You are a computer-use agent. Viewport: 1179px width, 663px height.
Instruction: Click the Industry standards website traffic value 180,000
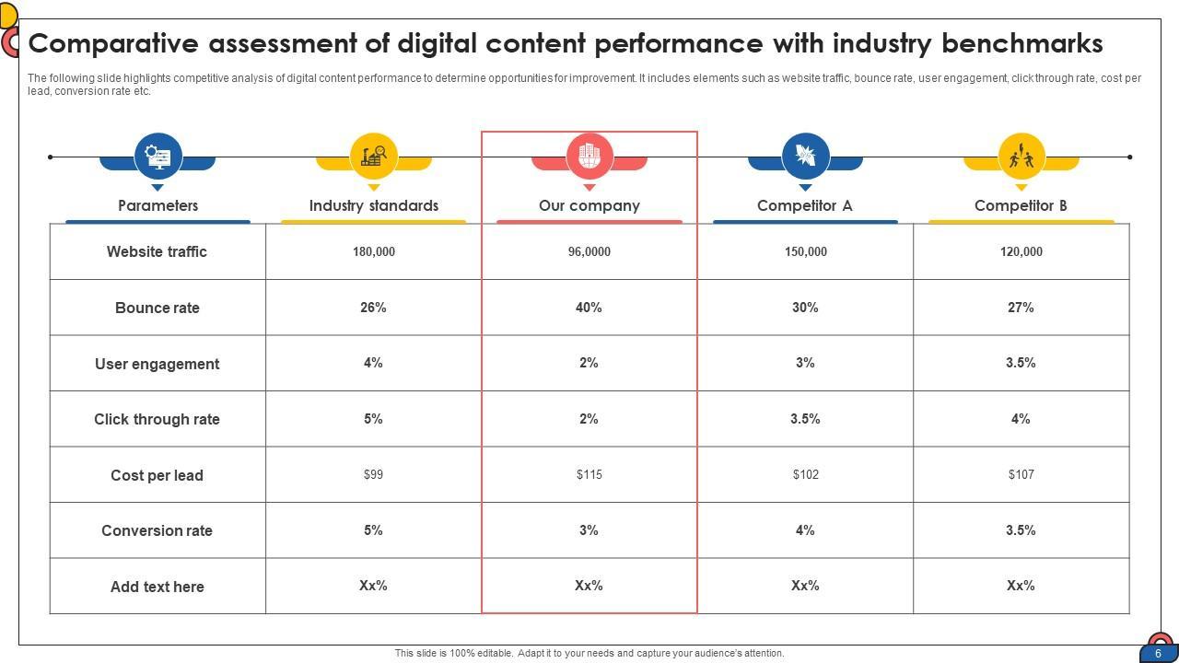click(x=373, y=251)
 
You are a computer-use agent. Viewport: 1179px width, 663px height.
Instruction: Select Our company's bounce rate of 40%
click(x=589, y=308)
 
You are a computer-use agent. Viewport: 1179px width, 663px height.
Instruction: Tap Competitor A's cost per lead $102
click(x=805, y=474)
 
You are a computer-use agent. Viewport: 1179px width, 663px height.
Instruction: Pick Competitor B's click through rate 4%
click(x=1021, y=419)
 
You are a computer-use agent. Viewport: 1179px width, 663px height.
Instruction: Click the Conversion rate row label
click(x=157, y=530)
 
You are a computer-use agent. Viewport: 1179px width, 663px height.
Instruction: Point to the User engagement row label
click(x=157, y=364)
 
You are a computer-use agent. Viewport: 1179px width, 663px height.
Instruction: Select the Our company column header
click(x=589, y=205)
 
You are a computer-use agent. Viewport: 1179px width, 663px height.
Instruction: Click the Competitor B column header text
click(x=1021, y=205)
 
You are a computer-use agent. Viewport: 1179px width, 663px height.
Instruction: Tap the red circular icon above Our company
click(x=589, y=156)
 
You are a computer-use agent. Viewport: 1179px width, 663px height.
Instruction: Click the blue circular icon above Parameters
click(x=158, y=156)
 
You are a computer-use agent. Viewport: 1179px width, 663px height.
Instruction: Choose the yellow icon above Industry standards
click(x=373, y=156)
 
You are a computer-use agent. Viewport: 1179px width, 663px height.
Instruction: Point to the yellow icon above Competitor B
click(x=1021, y=156)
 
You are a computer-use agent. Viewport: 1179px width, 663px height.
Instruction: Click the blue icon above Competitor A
click(x=805, y=156)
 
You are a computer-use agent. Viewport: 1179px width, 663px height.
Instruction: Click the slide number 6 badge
click(x=1158, y=653)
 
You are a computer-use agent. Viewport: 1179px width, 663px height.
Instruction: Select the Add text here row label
click(x=157, y=587)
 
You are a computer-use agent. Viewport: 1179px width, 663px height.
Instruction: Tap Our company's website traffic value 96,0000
click(x=589, y=251)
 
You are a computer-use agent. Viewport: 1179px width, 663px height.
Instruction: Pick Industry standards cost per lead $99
click(x=373, y=474)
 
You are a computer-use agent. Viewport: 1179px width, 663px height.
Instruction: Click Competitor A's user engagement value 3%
click(x=805, y=363)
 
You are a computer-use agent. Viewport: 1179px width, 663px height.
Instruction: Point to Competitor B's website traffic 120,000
click(x=1021, y=251)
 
